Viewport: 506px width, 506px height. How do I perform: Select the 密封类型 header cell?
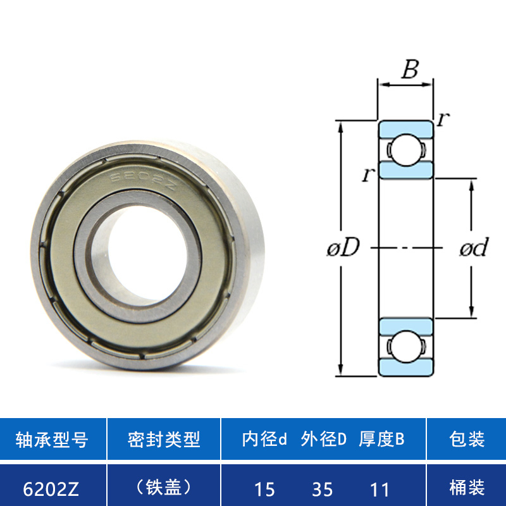(164, 439)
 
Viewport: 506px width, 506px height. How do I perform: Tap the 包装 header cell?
(467, 439)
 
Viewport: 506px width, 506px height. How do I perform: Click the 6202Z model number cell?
(51, 488)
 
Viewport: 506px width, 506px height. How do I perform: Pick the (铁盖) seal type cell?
(164, 487)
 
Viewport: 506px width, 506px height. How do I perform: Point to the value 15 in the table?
(264, 489)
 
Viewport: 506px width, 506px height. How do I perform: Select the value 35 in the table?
(322, 489)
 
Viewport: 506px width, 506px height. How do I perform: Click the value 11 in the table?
(379, 489)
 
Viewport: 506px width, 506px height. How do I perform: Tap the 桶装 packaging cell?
(467, 487)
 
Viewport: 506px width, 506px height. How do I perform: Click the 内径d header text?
(264, 439)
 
